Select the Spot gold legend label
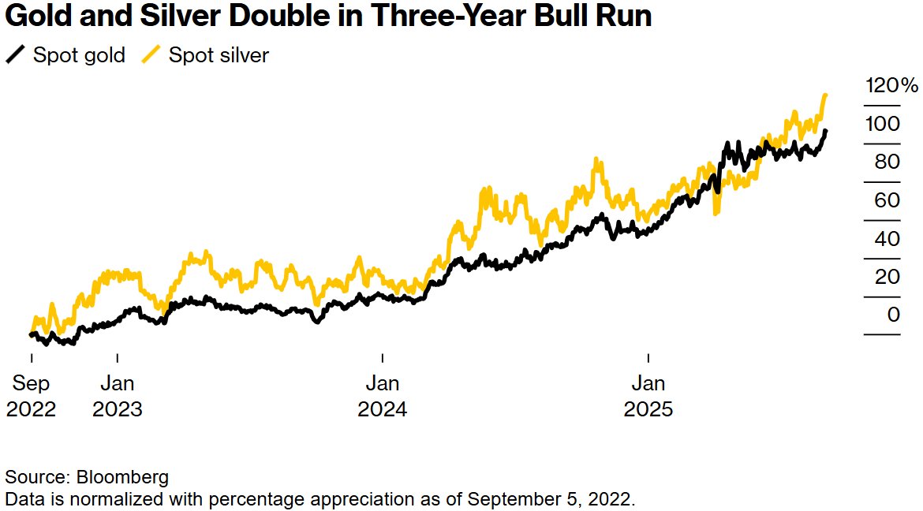tap(79, 56)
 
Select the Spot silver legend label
tap(219, 56)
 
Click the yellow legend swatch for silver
tap(151, 56)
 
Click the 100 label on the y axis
tap(881, 124)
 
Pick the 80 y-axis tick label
tap(887, 162)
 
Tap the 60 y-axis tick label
tap(887, 200)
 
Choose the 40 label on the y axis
tap(887, 239)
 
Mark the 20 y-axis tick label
tap(887, 277)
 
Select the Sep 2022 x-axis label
tap(32, 397)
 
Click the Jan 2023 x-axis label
tap(117, 397)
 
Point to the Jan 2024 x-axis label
tap(383, 397)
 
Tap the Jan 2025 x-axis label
tap(648, 397)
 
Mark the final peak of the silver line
tap(825, 95)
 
